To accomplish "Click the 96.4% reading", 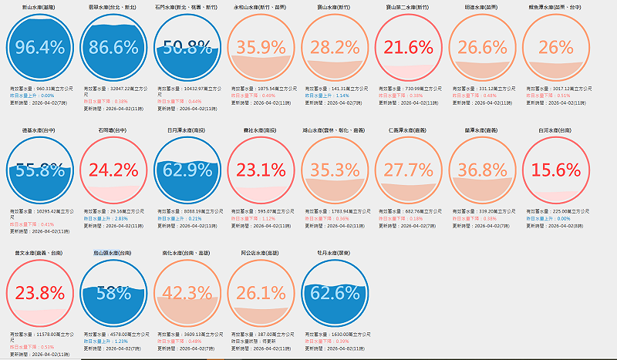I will (39, 48).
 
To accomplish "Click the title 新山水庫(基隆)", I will (39, 5).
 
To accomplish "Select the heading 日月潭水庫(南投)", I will (187, 130).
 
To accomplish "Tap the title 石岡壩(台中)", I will (113, 130).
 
